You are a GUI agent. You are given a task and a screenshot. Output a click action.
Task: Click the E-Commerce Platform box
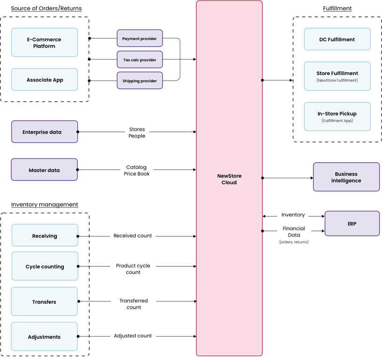45,43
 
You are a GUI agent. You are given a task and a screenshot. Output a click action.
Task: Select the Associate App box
45,80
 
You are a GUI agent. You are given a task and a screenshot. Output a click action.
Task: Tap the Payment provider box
139,38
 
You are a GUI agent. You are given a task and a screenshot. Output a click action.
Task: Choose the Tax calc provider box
139,60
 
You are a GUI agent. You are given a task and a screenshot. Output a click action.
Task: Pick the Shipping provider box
139,81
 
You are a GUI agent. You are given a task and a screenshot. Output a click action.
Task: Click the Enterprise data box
44,132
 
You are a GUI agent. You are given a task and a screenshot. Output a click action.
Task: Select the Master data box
44,170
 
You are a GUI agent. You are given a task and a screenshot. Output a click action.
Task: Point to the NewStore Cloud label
229,179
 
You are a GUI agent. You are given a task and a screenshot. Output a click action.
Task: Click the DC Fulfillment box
337,39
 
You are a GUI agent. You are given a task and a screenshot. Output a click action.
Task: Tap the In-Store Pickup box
337,116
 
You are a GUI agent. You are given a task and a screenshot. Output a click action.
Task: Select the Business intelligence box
346,177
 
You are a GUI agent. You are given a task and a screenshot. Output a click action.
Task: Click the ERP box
352,224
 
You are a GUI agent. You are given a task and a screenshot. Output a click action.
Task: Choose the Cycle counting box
45,266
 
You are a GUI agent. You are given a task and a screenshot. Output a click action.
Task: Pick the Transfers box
44,301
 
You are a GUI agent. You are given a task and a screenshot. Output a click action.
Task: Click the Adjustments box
44,337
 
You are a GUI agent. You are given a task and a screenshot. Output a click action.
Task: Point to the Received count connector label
132,236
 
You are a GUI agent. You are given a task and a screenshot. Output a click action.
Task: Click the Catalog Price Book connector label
137,170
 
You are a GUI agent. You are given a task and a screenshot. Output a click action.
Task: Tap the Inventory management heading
45,204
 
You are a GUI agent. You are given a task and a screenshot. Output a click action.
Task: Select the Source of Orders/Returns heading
46,8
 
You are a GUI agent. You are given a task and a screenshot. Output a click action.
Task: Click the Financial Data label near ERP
294,232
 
